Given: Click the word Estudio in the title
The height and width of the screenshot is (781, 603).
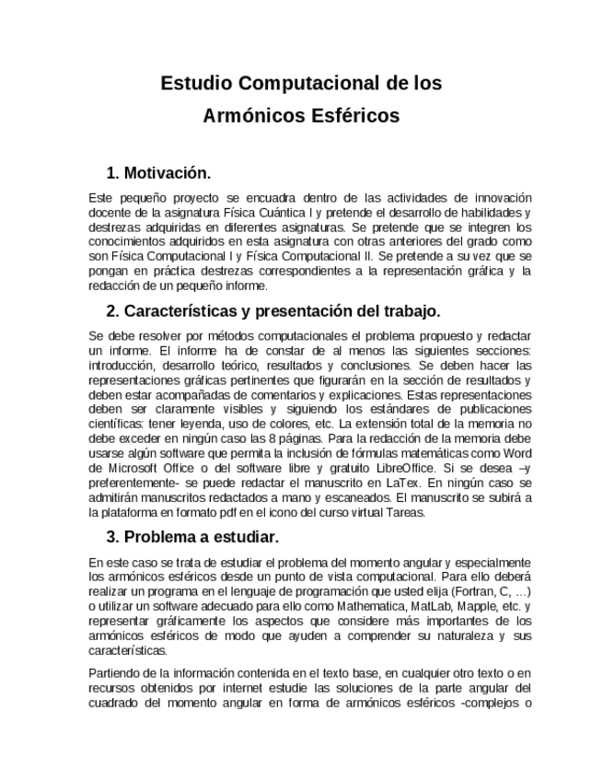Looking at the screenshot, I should coord(197,84).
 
